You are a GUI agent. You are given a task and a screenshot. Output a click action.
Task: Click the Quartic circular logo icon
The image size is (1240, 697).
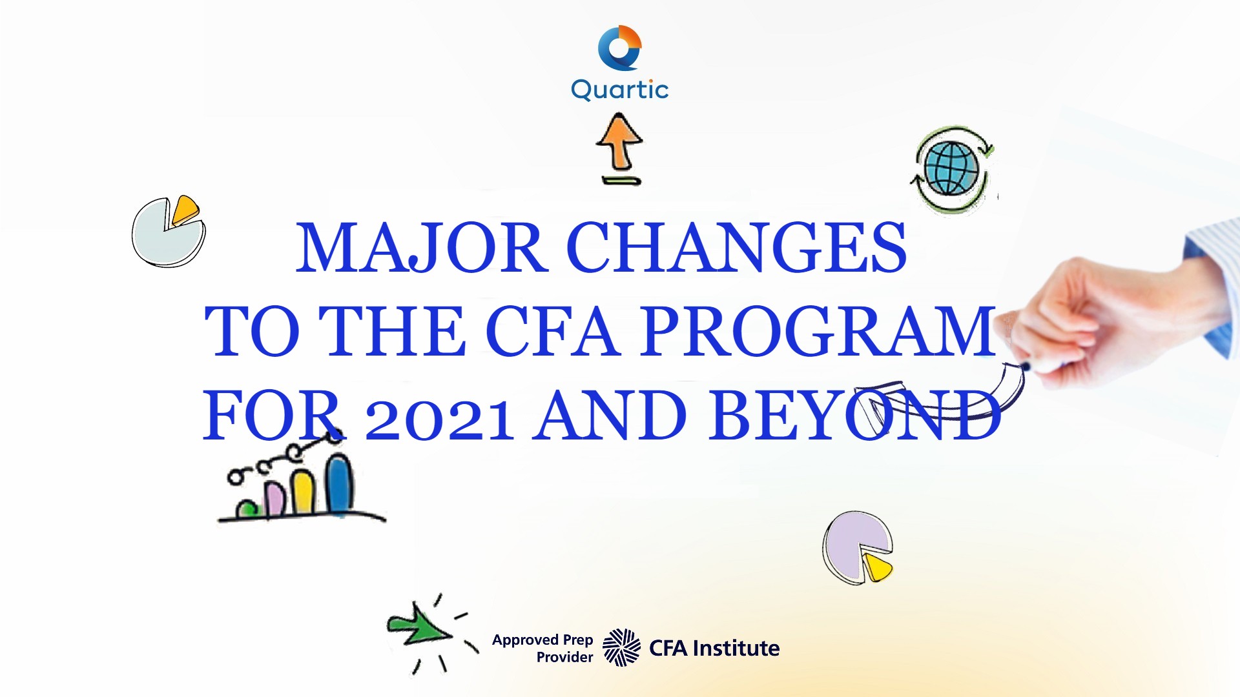pyautogui.click(x=619, y=48)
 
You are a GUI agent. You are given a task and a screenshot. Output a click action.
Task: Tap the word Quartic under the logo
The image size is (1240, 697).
pyautogui.click(x=619, y=90)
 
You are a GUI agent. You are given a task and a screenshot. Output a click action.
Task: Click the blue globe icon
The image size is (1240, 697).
pyautogui.click(x=951, y=168)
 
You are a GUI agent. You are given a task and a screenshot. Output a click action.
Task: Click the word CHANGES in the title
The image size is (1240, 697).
pyautogui.click(x=736, y=248)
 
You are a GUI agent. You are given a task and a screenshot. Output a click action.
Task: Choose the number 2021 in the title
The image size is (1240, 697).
pyautogui.click(x=439, y=418)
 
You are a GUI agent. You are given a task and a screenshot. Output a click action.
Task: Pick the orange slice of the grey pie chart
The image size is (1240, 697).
pyautogui.click(x=185, y=209)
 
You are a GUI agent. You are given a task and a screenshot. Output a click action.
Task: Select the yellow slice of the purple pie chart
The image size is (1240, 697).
pyautogui.click(x=877, y=567)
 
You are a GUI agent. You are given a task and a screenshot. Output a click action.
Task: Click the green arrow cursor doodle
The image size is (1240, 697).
pyautogui.click(x=417, y=626)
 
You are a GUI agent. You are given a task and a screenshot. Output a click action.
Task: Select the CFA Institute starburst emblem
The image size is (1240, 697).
pyautogui.click(x=621, y=647)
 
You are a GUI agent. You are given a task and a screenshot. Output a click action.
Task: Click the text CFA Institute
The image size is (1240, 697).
pyautogui.click(x=714, y=648)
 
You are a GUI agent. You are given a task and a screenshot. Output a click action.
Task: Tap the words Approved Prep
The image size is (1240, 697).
pyautogui.click(x=542, y=640)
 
